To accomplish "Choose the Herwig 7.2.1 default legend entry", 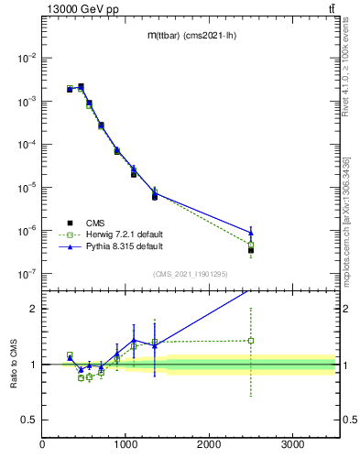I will tap(124, 234).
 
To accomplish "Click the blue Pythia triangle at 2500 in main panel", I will tap(250, 232).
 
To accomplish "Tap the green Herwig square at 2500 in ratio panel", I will tap(250, 340).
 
